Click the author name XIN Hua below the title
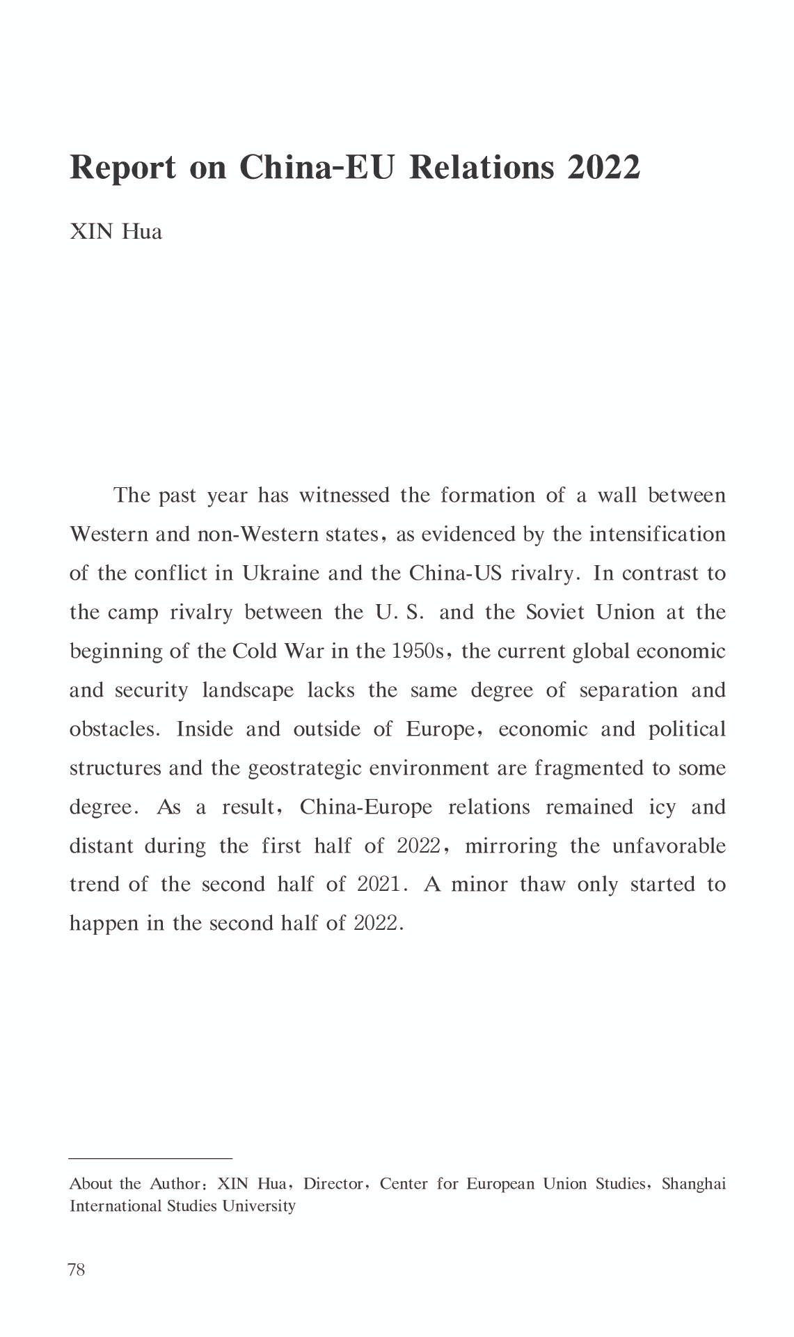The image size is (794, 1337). [x=116, y=231]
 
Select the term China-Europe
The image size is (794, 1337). [x=366, y=807]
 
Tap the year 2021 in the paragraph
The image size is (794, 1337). [x=378, y=885]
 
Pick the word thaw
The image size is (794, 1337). [x=543, y=885]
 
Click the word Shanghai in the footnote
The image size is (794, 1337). [x=693, y=1184]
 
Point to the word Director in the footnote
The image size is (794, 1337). [x=333, y=1184]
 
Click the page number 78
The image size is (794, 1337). [x=77, y=1270]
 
